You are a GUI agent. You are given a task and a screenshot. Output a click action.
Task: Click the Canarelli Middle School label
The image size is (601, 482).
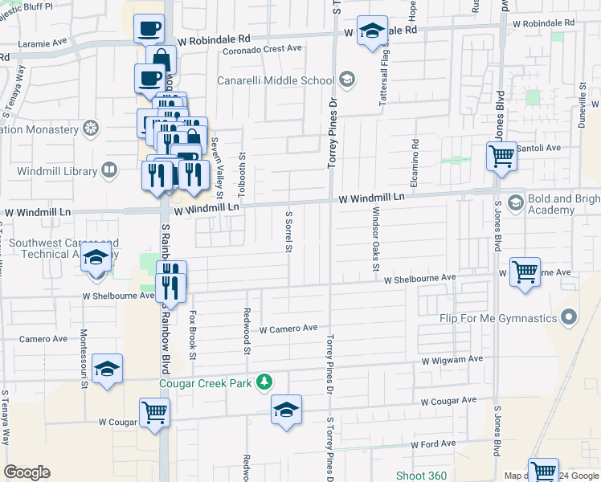point(276,80)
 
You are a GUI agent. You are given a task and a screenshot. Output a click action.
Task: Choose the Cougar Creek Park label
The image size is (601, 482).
point(206,382)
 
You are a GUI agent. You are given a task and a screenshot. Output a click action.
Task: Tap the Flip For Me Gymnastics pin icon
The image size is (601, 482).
point(570,318)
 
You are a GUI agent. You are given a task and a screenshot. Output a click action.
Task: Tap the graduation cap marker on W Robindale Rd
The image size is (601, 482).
point(371,31)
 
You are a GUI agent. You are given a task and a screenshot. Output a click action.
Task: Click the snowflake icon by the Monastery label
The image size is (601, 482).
point(91,129)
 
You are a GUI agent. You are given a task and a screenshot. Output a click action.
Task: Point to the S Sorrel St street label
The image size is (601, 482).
point(288,231)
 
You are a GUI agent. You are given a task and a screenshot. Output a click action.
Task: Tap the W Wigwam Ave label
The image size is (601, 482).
point(452,359)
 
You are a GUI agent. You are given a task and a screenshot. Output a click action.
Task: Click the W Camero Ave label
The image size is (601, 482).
point(288,329)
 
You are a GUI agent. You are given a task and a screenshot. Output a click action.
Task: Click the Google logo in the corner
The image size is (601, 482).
point(27,472)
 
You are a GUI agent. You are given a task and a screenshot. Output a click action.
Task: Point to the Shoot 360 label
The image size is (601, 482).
point(421,476)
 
